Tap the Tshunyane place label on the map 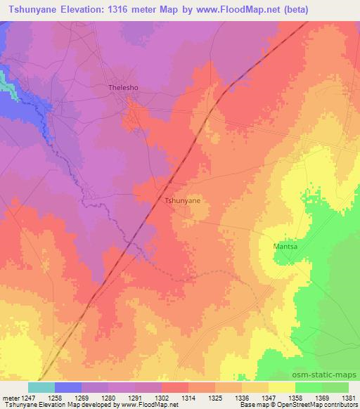tap(182, 200)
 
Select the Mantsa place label tap(285, 247)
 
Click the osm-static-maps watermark tap(329, 376)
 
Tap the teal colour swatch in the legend tap(41, 387)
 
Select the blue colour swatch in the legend tap(68, 387)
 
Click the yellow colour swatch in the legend tap(281, 387)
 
